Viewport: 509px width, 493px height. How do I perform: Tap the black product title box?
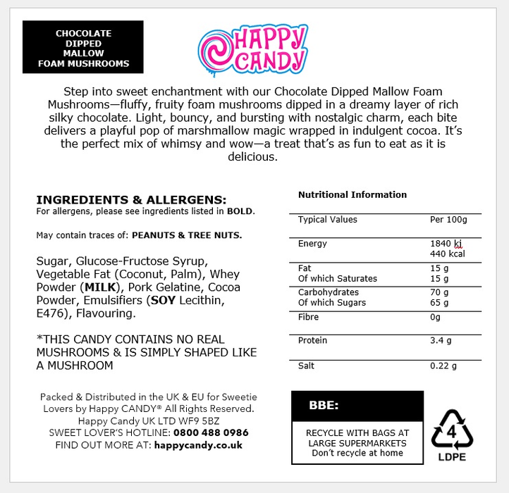click(x=83, y=47)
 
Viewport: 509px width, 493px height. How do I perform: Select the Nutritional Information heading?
click(x=352, y=194)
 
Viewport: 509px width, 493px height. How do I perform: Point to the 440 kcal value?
click(x=447, y=254)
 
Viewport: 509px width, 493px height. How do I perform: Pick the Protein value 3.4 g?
click(x=441, y=341)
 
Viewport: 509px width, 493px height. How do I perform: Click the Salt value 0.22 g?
click(x=443, y=366)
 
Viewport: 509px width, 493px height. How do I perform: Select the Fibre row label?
click(x=309, y=317)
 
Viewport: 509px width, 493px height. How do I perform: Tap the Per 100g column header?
click(x=448, y=220)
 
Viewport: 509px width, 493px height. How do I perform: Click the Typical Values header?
click(x=328, y=220)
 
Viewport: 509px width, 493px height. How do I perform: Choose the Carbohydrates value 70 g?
click(x=439, y=292)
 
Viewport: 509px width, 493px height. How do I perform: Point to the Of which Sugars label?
click(x=332, y=303)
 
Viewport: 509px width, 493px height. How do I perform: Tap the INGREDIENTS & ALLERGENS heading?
click(x=131, y=200)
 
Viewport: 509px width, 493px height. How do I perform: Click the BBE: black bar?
click(x=357, y=406)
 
